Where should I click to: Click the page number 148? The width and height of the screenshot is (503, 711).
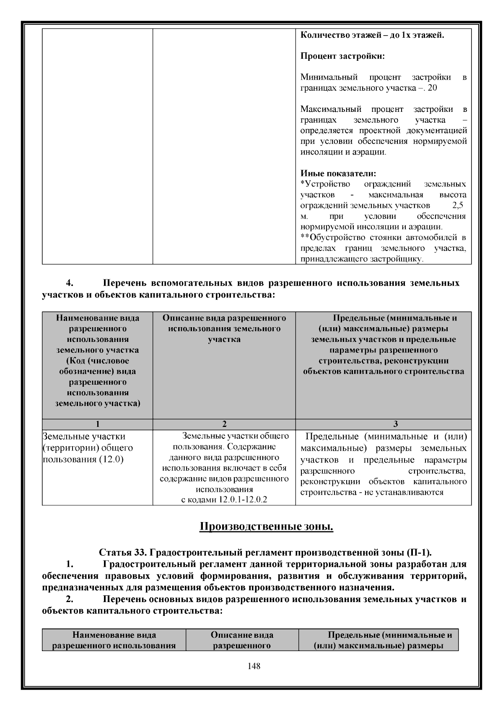point(254,666)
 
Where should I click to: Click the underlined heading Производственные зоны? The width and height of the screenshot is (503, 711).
point(266,526)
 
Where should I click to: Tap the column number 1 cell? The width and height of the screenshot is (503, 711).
point(97,424)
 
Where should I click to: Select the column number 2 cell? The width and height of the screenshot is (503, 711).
point(224,424)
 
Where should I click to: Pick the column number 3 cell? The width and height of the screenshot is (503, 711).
point(383,424)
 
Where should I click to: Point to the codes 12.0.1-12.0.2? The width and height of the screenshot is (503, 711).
point(243,500)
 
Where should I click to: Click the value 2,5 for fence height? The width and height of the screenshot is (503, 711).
point(457,206)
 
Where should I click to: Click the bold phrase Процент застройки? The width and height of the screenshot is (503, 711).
point(342,56)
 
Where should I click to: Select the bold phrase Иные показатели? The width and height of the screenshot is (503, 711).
point(338,173)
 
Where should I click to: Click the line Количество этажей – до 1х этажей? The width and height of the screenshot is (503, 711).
point(372,35)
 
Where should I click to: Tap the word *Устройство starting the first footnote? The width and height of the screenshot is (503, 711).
point(325,184)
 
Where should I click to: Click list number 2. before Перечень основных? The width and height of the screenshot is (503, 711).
point(71,599)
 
